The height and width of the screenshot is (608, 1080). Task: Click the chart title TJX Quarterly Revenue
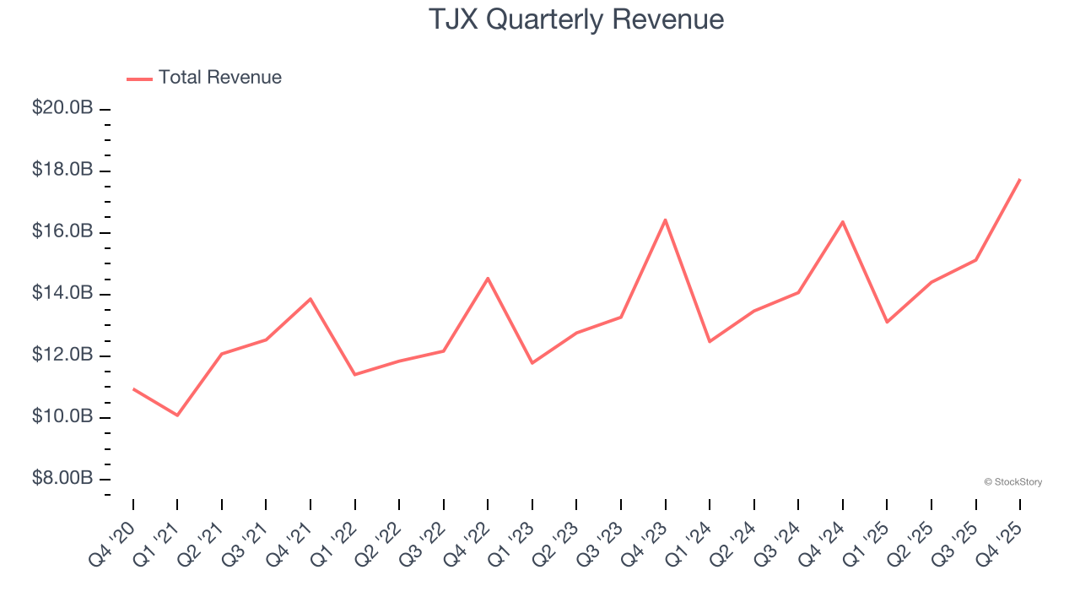click(x=576, y=19)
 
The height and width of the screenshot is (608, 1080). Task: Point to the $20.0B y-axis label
click(x=62, y=108)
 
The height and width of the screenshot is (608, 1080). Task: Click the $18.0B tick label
click(x=62, y=170)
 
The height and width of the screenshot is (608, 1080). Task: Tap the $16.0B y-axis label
click(x=62, y=231)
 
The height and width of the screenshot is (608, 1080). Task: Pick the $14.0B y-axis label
click(x=62, y=293)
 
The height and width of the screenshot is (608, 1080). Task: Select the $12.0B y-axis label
click(x=62, y=355)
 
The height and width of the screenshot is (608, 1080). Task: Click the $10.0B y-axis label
click(x=62, y=416)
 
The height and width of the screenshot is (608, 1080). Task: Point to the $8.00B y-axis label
click(x=62, y=478)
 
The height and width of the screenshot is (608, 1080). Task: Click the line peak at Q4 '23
click(x=665, y=220)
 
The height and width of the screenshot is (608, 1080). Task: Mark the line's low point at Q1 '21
click(x=177, y=415)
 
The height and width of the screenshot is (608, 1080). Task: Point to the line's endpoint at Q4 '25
click(x=1019, y=180)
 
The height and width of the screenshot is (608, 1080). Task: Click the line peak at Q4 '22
click(x=488, y=278)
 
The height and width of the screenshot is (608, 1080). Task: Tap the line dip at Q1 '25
click(x=887, y=322)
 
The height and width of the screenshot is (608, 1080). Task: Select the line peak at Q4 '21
click(x=310, y=299)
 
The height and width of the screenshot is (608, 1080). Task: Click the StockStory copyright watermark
click(x=1012, y=482)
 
